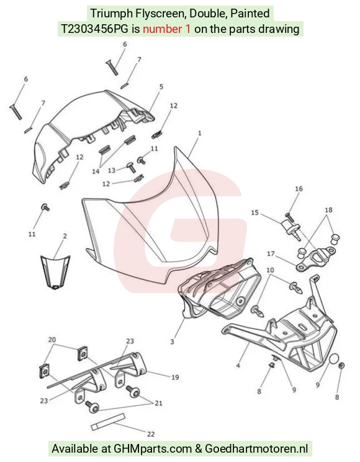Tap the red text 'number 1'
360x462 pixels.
pos(167,29)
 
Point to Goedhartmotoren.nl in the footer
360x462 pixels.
pos(256,449)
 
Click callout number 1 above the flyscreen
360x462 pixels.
pos(200,133)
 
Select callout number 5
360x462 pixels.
pos(161,87)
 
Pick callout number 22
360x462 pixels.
pos(151,434)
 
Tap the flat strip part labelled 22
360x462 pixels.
pos(108,422)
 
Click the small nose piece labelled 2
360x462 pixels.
pos(55,273)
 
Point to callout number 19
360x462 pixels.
pos(175,377)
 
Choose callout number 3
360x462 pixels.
pos(172,342)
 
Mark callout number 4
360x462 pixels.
pos(238,366)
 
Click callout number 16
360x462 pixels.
pos(299,189)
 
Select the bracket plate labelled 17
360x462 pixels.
pos(315,260)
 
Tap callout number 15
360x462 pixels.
pos(255,212)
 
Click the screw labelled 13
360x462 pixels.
pos(131,167)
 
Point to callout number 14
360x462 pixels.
pos(96,171)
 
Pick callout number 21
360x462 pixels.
pos(158,403)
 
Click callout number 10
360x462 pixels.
pos(270,270)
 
